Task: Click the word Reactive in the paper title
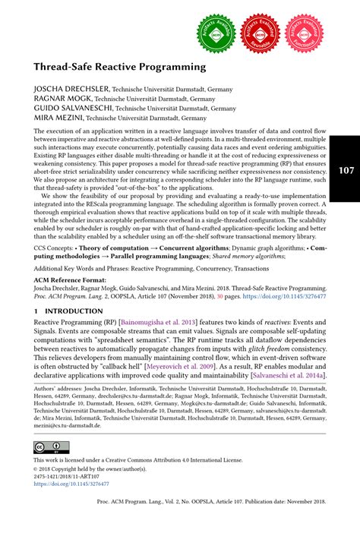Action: click(126, 67)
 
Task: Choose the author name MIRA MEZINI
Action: click(51, 118)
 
